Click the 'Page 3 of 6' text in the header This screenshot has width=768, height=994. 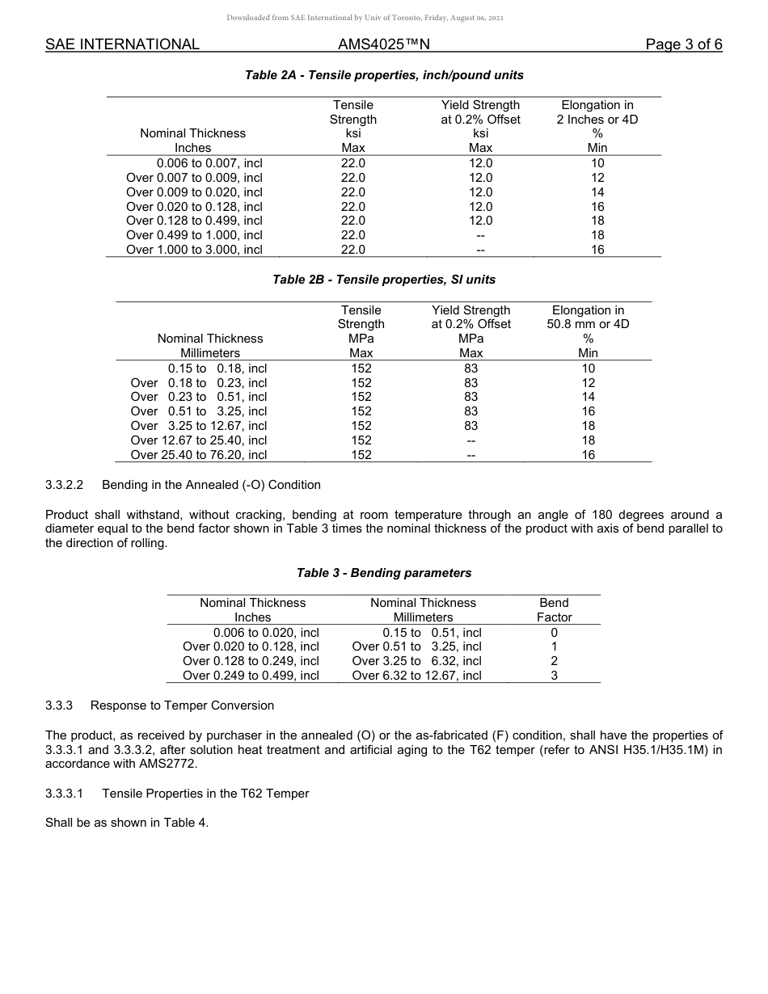683,44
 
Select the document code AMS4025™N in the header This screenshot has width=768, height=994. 383,44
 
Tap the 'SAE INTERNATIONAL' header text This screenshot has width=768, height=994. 122,44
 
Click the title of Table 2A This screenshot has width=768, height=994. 384,75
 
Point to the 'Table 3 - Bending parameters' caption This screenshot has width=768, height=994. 384,573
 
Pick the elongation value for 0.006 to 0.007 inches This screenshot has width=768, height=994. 597,163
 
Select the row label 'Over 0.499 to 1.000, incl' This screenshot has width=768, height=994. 194,235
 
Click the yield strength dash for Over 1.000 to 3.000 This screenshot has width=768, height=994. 480,250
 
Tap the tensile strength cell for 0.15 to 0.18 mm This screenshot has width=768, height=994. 361,369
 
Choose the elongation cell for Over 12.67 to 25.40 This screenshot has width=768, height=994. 588,440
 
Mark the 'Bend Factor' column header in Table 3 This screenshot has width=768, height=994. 554,610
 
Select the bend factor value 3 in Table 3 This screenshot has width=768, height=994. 554,676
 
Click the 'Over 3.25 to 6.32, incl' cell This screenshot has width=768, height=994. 416,661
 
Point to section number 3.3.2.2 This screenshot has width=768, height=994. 65,485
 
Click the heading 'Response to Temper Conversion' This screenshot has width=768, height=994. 182,705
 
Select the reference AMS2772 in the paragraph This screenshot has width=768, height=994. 168,764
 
